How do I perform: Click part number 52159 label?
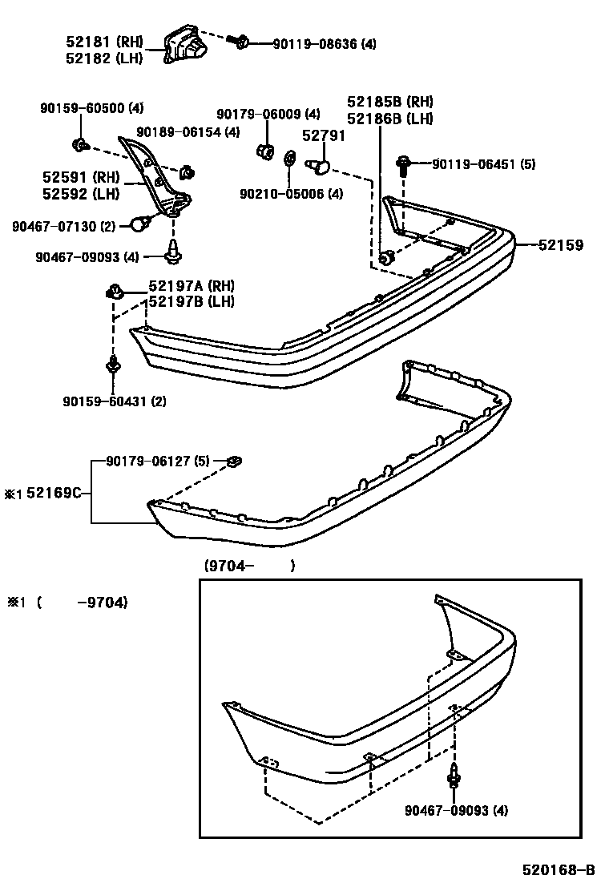(x=561, y=244)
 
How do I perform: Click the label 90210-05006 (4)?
(x=292, y=193)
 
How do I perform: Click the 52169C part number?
(x=54, y=494)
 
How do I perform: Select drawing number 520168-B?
(x=558, y=869)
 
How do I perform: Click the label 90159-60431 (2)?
(x=115, y=401)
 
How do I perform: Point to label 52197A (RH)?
(x=191, y=286)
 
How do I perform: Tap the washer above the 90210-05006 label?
(x=289, y=159)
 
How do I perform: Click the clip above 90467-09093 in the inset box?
(x=454, y=775)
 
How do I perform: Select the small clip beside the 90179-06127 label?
(x=235, y=461)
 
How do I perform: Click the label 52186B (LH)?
(x=390, y=119)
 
